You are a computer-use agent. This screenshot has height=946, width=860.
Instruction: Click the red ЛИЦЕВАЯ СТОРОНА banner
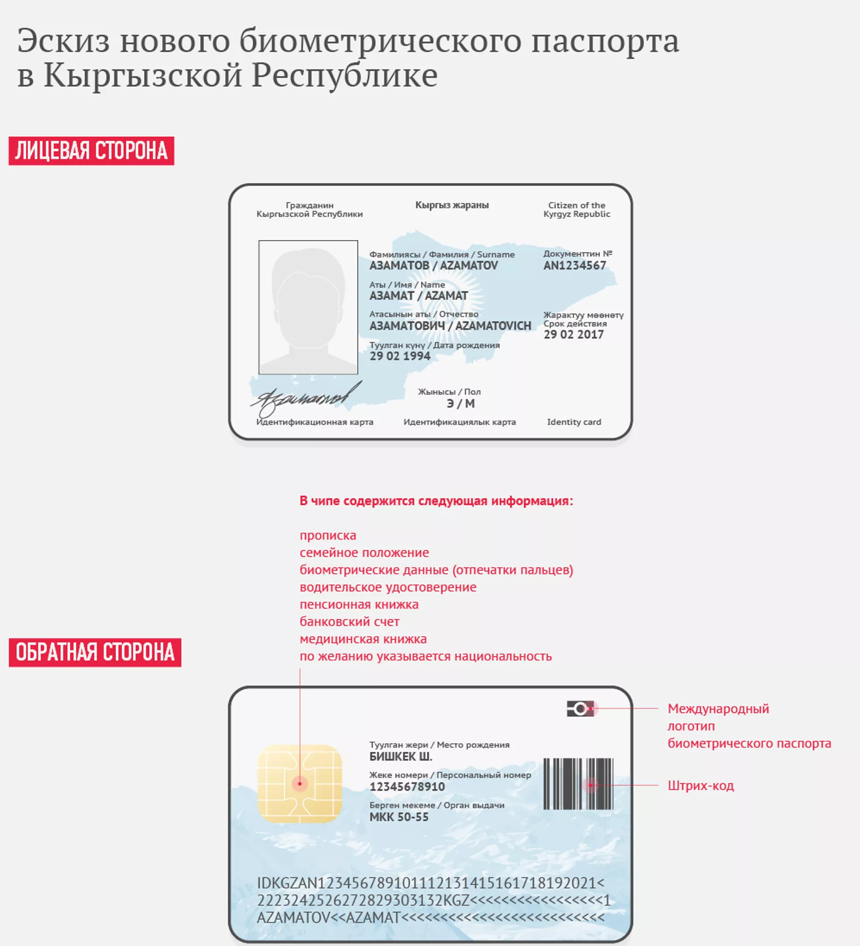(91, 151)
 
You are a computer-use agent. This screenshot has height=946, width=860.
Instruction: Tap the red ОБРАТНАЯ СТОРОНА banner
(95, 652)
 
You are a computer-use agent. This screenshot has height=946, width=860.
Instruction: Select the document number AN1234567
(574, 265)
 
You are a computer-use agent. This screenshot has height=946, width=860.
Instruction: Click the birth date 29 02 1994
(400, 356)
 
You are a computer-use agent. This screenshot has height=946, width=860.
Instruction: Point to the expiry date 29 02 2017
(573, 334)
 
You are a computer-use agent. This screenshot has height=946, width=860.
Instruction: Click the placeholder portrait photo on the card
(308, 308)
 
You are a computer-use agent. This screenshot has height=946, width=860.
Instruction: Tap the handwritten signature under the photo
(305, 399)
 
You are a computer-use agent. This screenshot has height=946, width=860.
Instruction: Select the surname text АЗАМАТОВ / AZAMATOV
(433, 265)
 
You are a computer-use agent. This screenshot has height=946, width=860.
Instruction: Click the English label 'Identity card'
(574, 422)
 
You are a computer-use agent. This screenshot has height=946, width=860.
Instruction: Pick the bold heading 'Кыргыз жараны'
(452, 205)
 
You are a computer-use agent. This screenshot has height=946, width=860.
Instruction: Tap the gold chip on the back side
(300, 783)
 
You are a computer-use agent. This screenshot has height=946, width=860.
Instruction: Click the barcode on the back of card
(578, 783)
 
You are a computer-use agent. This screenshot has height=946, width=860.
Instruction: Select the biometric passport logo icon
(580, 708)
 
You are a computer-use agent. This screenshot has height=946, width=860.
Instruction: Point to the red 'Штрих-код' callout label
(701, 785)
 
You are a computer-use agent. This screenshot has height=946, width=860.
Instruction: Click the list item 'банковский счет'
(349, 622)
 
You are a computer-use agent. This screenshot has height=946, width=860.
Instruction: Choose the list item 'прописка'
(328, 535)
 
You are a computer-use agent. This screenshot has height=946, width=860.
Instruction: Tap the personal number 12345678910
(407, 786)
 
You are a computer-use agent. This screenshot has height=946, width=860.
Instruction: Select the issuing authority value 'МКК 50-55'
(399, 817)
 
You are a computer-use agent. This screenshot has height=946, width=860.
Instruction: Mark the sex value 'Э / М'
(460, 404)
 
